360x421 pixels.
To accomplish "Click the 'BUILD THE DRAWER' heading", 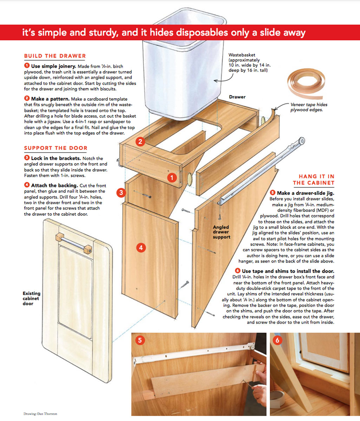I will pyautogui.click(x=55, y=56).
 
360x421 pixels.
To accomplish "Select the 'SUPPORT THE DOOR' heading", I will pyautogui.click(x=55, y=148).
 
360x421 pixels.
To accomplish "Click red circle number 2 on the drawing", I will pyautogui.click(x=140, y=142).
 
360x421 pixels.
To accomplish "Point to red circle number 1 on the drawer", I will pyautogui.click(x=172, y=178).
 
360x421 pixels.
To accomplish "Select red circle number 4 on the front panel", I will pyautogui.click(x=140, y=247).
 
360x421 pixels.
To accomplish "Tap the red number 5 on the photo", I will pyautogui.click(x=140, y=340).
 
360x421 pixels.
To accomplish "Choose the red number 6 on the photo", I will pyautogui.click(x=278, y=340).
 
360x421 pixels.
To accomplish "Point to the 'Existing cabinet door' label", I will pyautogui.click(x=32, y=298).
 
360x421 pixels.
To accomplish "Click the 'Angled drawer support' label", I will pyautogui.click(x=221, y=232).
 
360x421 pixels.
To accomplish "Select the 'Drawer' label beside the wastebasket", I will pyautogui.click(x=237, y=96).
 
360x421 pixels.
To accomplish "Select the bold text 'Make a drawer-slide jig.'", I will pyautogui.click(x=306, y=193).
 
